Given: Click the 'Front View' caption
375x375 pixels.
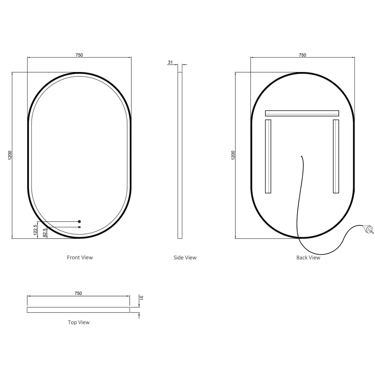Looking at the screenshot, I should click(80, 257).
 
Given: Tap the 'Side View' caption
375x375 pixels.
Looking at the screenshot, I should click(185, 257).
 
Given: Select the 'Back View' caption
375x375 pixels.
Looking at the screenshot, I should click(308, 257).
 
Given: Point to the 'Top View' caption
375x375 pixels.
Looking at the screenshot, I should click(79, 322).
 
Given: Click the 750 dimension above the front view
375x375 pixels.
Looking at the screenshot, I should click(79, 55).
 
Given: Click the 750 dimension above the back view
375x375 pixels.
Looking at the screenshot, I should click(302, 55).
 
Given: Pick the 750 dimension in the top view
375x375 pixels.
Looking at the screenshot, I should click(78, 293).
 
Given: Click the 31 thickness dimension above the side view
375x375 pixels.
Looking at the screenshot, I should click(170, 62).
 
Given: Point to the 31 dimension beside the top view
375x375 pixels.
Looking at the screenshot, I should click(141, 298).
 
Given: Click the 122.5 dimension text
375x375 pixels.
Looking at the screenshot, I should click(35, 230).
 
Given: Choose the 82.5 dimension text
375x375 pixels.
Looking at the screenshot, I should click(45, 233).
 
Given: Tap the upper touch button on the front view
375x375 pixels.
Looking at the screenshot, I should click(79, 221).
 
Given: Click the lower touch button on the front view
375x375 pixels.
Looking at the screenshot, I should click(79, 227).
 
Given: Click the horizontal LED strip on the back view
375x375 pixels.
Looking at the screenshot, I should click(302, 113).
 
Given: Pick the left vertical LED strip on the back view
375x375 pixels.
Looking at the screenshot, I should click(268, 156).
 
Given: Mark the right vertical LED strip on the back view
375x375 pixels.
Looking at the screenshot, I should click(336, 156).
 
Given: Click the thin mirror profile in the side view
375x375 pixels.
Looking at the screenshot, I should click(180, 155).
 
